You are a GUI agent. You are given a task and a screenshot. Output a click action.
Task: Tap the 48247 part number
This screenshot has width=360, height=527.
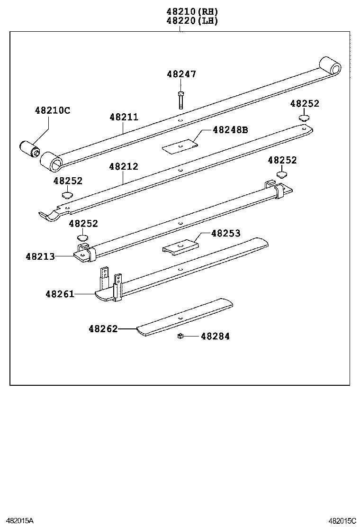[181, 74]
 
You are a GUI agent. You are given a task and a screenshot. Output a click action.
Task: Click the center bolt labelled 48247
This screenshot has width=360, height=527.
[181, 99]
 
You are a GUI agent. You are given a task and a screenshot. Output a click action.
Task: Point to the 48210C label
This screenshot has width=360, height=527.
[52, 110]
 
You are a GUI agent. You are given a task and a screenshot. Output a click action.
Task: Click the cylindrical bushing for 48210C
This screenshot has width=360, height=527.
[29, 148]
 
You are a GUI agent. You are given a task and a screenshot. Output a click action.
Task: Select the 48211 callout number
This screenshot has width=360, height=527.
[124, 117]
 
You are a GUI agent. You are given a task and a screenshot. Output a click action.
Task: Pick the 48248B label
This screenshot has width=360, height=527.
[230, 130]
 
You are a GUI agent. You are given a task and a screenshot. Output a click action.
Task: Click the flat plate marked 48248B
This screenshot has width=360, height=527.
[180, 146]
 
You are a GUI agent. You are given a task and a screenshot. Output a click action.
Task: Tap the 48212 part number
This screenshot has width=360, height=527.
[124, 167]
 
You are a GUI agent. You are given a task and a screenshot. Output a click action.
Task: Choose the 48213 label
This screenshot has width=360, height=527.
[40, 256]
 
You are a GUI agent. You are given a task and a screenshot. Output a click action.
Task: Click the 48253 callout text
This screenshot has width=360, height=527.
[225, 234]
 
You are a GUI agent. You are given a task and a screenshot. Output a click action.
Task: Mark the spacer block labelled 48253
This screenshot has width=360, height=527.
[180, 246]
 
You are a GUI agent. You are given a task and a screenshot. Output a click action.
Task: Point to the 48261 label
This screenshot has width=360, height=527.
[60, 294]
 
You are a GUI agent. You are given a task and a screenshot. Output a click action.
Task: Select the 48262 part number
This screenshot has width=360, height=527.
[103, 328]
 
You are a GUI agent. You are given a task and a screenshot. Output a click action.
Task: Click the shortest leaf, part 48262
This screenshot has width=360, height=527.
[185, 318]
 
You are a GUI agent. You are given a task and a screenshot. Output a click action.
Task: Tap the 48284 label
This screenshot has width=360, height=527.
[215, 336]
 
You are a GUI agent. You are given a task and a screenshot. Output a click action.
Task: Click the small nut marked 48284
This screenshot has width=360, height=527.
[180, 336]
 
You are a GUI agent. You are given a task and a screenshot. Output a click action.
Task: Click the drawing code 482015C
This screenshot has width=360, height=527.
[342, 520]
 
